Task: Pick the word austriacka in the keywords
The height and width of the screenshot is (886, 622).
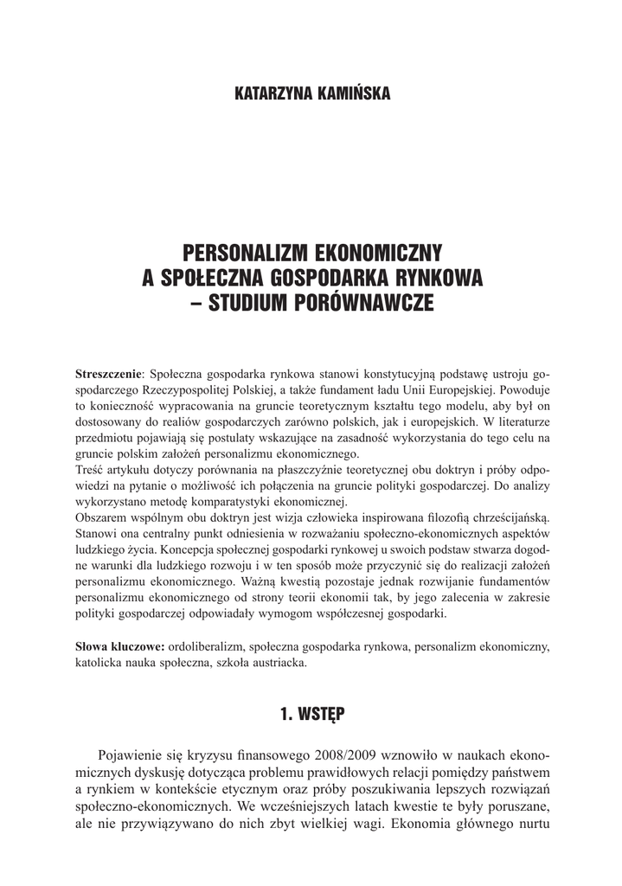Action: click(x=278, y=664)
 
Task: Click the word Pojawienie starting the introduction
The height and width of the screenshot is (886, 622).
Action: click(x=134, y=754)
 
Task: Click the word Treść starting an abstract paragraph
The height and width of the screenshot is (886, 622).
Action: click(x=92, y=468)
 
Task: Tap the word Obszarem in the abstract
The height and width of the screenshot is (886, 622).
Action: click(x=103, y=517)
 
